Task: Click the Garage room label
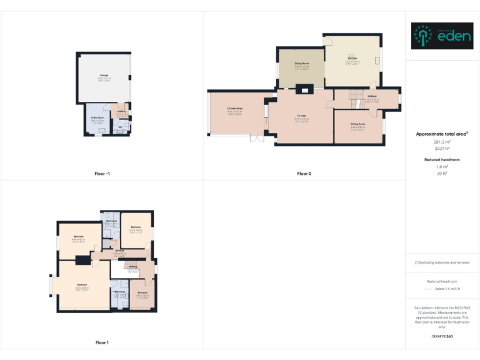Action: coord(103,75)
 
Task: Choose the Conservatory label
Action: coord(235,109)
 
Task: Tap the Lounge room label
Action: coord(302,116)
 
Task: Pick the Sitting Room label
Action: coord(358,124)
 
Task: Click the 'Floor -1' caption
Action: coord(102,173)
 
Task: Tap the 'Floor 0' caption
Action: coord(304,173)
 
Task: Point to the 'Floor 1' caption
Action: coord(102,342)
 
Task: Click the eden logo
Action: coord(442,36)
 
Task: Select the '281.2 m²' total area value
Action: coord(442,142)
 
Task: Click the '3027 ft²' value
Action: coord(442,149)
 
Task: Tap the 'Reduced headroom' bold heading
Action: coord(442,160)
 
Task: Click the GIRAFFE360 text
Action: coord(442,337)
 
